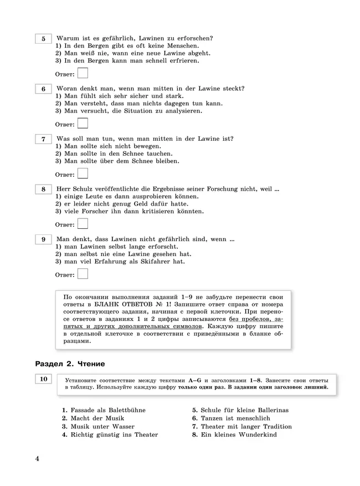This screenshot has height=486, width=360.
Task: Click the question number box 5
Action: (43, 39)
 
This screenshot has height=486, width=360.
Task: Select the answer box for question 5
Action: (83, 73)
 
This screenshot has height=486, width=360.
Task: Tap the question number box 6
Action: (43, 89)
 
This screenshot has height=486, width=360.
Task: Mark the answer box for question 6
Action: (83, 124)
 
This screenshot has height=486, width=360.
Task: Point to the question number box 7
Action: (43, 140)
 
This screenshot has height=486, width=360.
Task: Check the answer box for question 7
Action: (83, 174)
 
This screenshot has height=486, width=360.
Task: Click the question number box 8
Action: (43, 190)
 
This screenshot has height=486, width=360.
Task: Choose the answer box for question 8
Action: (83, 224)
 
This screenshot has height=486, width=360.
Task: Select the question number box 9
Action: (43, 240)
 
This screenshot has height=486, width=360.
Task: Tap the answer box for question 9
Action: (83, 274)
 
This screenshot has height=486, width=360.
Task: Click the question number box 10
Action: (43, 380)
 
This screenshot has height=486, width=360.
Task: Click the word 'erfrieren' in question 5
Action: (182, 60)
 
